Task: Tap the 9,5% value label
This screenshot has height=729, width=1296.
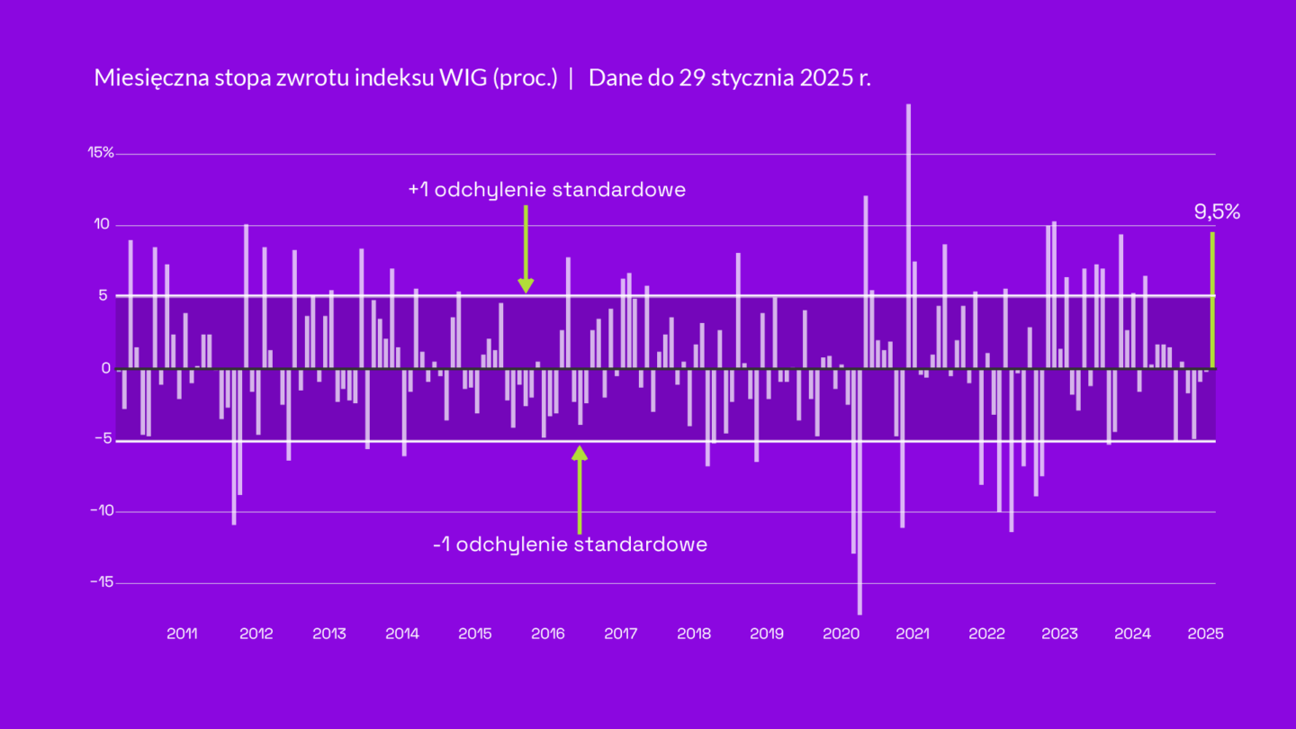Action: pos(1217,212)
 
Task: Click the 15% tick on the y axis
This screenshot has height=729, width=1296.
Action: pos(100,153)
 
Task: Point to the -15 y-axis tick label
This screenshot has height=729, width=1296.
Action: pos(101,582)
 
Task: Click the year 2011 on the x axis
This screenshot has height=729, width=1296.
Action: pos(182,634)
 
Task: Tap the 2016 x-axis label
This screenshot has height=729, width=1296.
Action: pos(547,634)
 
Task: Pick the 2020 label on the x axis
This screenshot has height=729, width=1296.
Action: pos(841,634)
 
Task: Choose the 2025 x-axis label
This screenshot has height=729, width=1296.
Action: pos(1205,634)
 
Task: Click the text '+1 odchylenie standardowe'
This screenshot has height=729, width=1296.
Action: pos(546,190)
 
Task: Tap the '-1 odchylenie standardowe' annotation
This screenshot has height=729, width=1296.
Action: pos(570,544)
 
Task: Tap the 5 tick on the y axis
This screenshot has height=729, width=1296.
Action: pos(105,296)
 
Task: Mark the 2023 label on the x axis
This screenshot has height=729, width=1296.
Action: pos(1059,634)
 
